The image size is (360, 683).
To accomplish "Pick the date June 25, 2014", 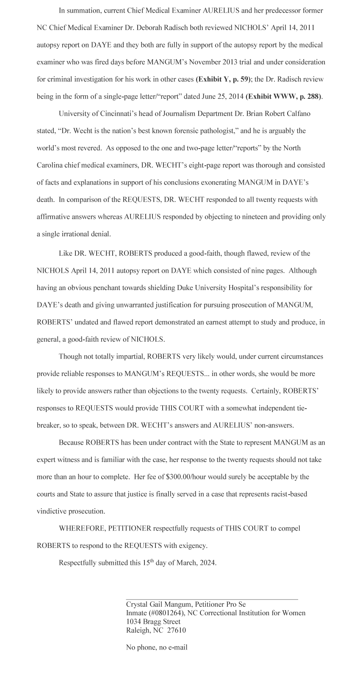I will point(216,97).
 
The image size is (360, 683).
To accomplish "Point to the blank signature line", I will point(212,599).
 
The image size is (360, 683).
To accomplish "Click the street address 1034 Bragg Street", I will point(153,622).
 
